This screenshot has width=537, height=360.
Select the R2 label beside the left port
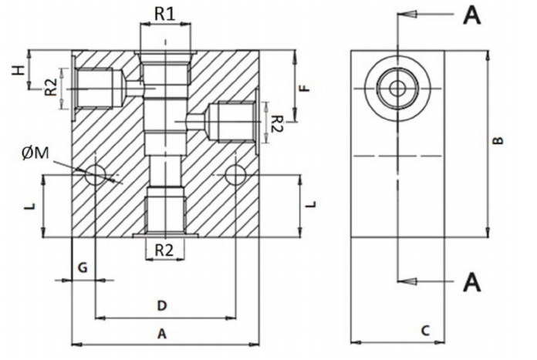coord(49,87)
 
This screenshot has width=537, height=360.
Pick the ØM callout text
coord(37,153)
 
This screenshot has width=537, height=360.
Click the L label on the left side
coord(29,207)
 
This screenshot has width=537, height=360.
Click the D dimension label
coord(162,305)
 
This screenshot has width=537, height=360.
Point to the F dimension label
coord(306,88)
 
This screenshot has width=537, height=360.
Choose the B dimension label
coord(498,140)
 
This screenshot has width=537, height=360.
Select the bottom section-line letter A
coord(471,282)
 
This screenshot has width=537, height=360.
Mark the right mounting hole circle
coord(235,175)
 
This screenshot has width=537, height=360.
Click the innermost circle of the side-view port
coord(397,88)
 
